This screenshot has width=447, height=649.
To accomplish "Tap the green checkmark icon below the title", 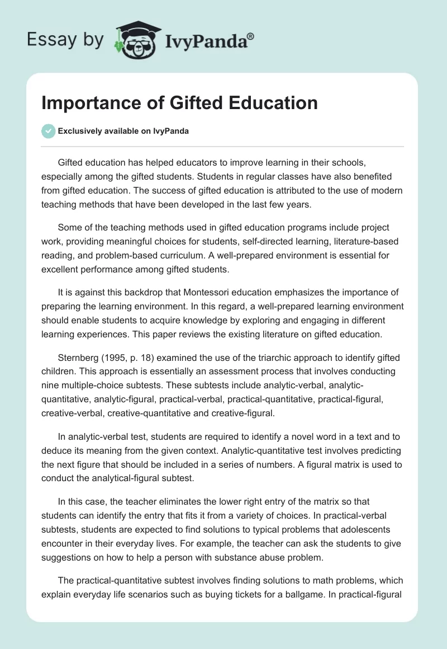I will pos(48,131).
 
